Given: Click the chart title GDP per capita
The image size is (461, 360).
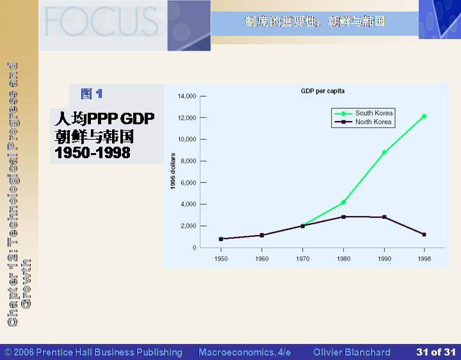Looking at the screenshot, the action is click(323, 91).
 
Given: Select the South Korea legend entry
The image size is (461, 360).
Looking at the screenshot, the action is click(364, 113).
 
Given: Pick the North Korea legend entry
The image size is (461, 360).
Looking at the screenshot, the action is click(363, 122).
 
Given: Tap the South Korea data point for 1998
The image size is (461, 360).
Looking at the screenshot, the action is click(424, 117).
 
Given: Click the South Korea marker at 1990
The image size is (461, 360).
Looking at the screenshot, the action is click(384, 152).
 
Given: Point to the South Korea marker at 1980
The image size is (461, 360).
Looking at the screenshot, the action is click(343, 202).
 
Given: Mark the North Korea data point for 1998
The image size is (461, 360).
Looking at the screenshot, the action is click(424, 234).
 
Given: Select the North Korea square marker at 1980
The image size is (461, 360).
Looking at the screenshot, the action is click(343, 217).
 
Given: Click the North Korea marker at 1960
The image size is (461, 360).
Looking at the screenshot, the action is click(262, 235).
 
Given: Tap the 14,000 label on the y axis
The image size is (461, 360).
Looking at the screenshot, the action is click(187, 96).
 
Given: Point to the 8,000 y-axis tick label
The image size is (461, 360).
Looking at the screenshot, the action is click(188, 161).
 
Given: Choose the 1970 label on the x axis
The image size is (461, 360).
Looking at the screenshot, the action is click(302, 259).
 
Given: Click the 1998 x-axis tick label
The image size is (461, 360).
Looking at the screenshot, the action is click(425, 259).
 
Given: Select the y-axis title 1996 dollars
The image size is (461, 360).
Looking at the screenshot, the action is click(173, 171).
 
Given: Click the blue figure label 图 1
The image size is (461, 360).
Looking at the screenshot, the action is click(92, 94).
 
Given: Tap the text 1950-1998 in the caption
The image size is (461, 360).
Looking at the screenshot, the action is click(93, 152).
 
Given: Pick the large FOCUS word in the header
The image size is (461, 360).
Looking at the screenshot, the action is click(102, 21).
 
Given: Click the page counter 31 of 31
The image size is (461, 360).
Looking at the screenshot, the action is click(436, 352).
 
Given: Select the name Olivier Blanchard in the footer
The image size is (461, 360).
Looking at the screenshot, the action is click(352, 352).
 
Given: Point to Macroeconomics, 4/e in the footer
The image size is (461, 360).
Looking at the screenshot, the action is click(245, 352).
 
